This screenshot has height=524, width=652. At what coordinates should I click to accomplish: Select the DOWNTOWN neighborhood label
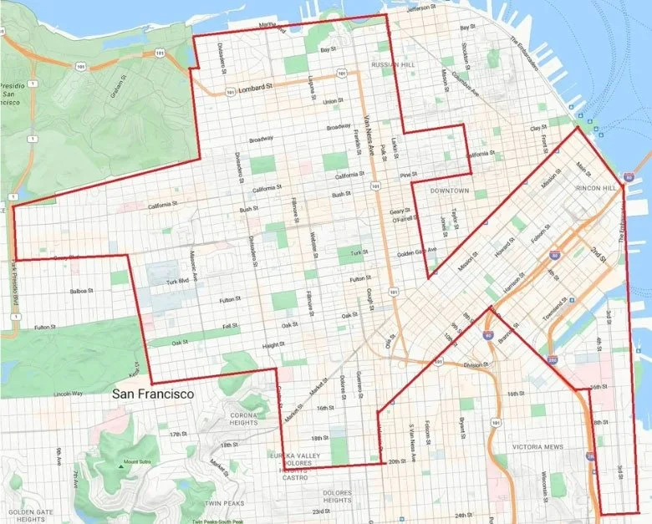pyautogui.click(x=451, y=191)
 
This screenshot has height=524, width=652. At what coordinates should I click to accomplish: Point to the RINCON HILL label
pyautogui.click(x=595, y=188)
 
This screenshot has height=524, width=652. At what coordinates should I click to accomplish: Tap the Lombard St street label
pyautogui.click(x=257, y=90)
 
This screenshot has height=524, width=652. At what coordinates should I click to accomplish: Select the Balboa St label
pyautogui.click(x=80, y=292)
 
